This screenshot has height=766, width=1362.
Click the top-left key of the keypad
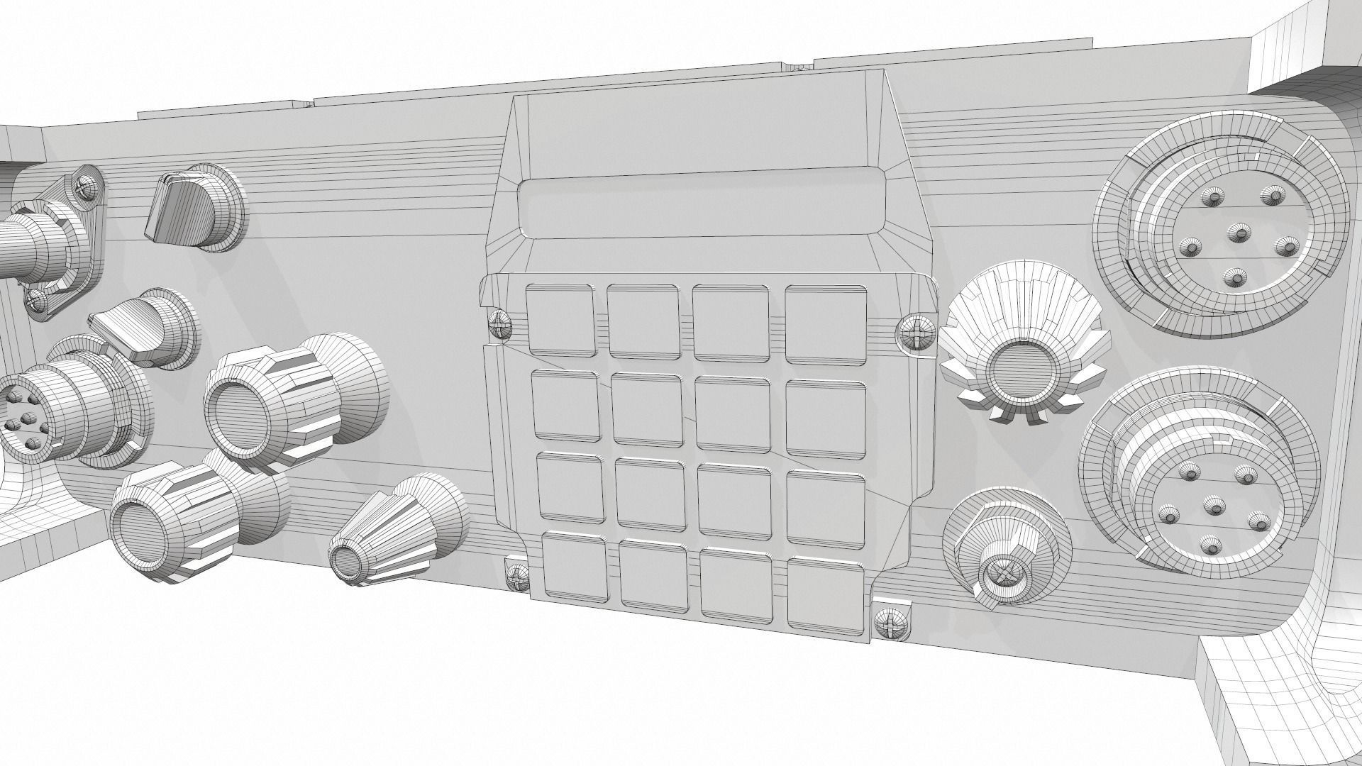click(x=560, y=321)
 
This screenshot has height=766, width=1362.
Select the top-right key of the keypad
click(x=826, y=321)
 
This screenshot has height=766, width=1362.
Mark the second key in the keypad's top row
click(x=643, y=321)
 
